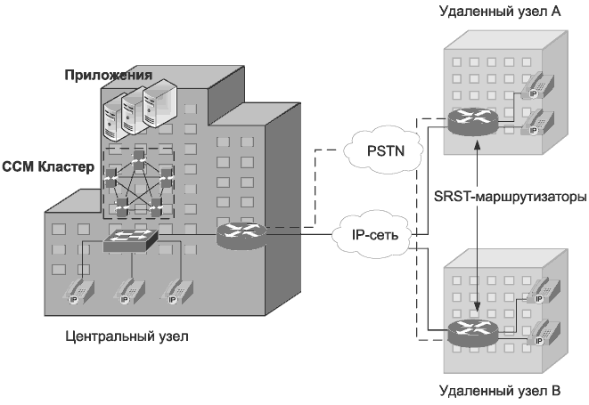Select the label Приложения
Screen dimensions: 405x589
(108, 72)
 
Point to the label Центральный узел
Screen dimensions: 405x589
(128, 338)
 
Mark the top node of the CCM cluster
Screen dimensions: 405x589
(138, 155)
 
